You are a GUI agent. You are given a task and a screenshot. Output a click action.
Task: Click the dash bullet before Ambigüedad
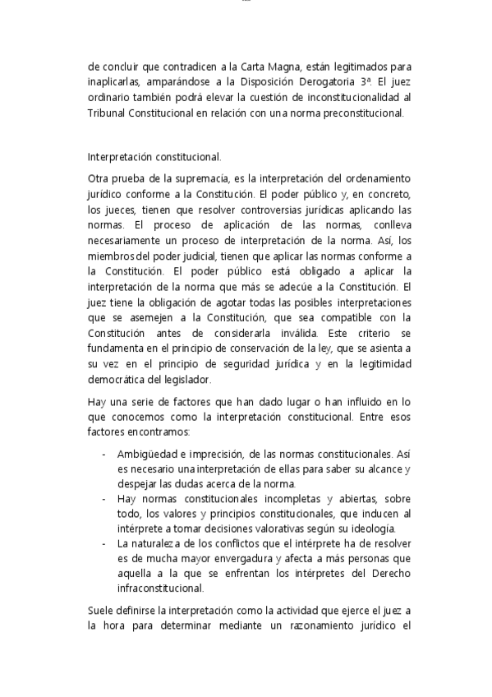coord(103,453)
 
